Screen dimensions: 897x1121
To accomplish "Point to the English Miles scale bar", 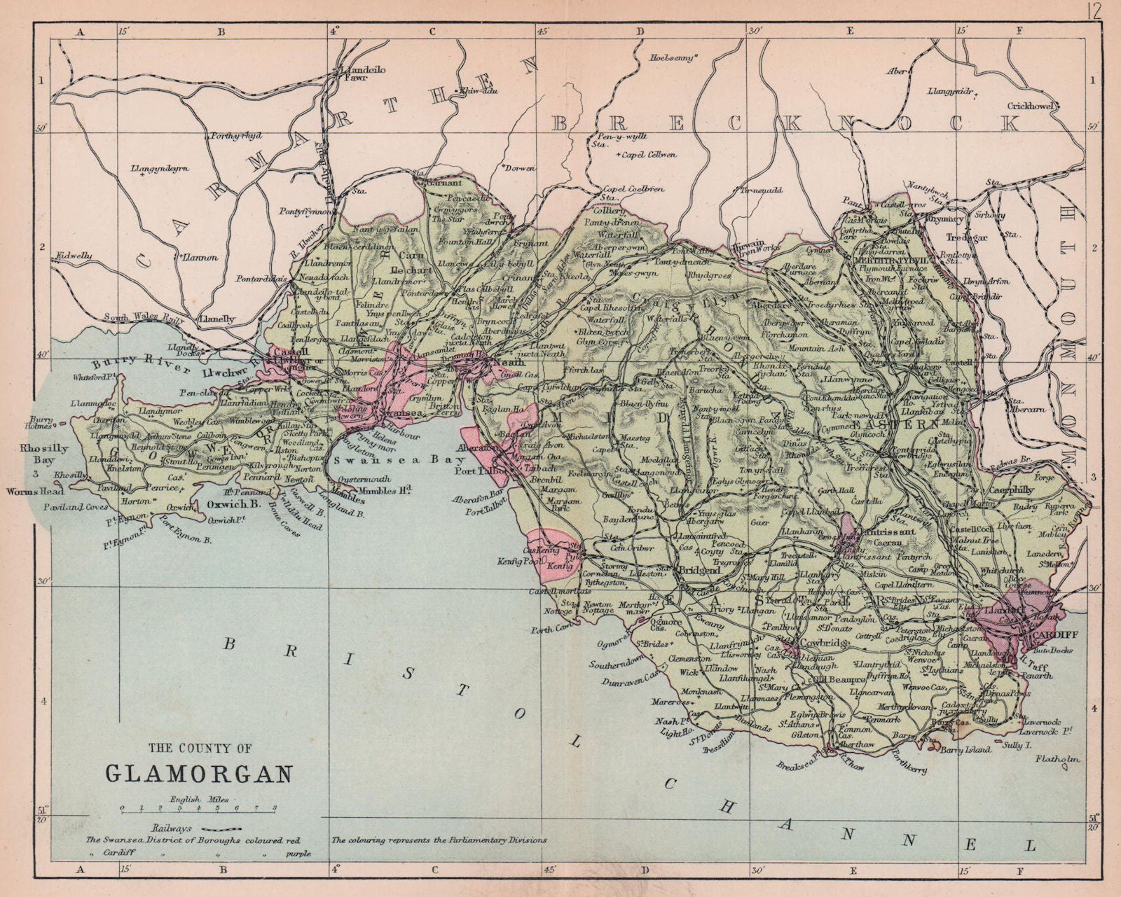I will [x=199, y=808].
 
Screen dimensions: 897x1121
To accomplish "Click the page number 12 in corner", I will [x=1096, y=11].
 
